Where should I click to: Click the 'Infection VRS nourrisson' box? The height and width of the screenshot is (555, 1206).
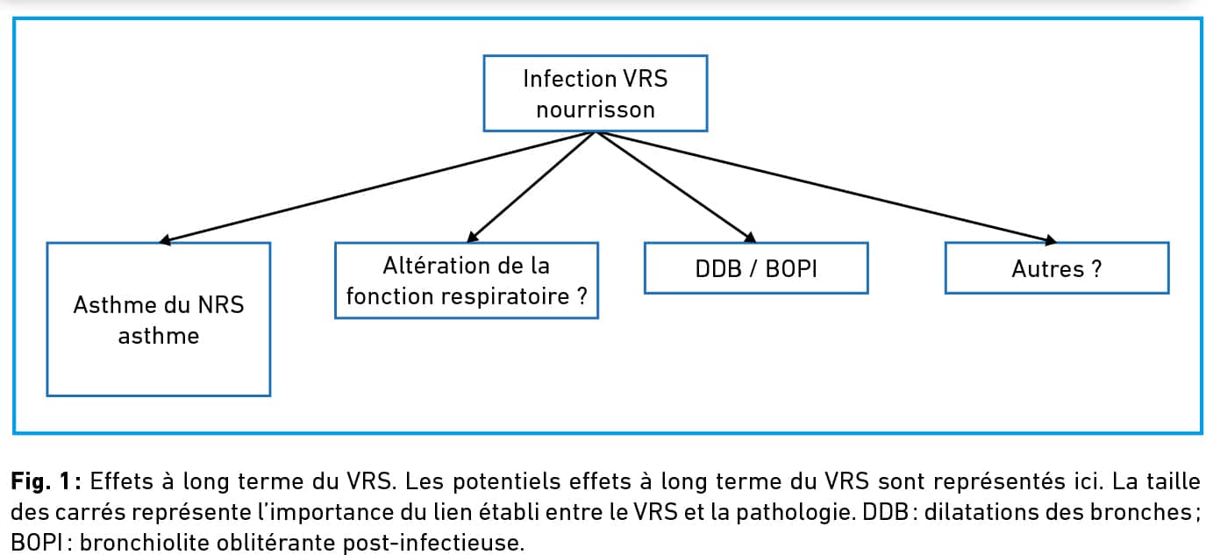pyautogui.click(x=595, y=93)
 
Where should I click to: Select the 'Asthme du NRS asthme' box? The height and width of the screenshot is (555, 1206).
pyautogui.click(x=158, y=319)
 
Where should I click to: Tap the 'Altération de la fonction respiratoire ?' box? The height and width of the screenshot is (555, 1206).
pyautogui.click(x=467, y=281)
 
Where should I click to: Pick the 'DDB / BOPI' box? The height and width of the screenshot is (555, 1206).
pyautogui.click(x=756, y=268)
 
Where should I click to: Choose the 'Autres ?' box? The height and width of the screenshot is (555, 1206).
pyautogui.click(x=1057, y=268)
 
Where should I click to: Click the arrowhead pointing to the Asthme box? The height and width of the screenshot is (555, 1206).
pyautogui.click(x=165, y=240)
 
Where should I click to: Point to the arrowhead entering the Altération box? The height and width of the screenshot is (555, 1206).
pyautogui.click(x=472, y=237)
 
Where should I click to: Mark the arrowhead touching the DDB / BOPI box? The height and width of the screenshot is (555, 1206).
pyautogui.click(x=750, y=238)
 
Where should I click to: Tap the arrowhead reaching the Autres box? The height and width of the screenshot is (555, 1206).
pyautogui.click(x=1051, y=240)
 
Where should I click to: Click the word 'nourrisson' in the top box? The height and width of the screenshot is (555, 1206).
pyautogui.click(x=596, y=110)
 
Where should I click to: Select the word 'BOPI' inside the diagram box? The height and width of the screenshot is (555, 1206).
pyautogui.click(x=791, y=269)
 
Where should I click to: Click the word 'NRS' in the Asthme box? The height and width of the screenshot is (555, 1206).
pyautogui.click(x=221, y=305)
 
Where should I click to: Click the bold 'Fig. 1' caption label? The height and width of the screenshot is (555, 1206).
pyautogui.click(x=41, y=481)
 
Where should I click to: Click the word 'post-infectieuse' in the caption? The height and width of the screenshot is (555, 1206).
pyautogui.click(x=433, y=543)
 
